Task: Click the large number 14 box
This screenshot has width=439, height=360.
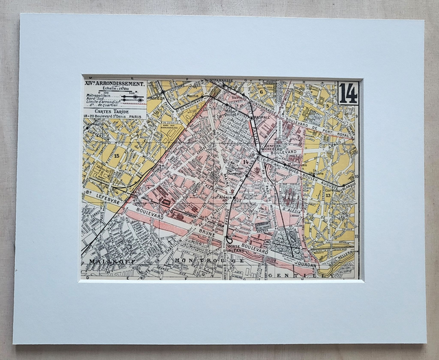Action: click(x=348, y=93)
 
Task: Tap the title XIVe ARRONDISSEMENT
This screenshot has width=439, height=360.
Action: click(x=115, y=84)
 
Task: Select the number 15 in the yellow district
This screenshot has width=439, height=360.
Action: click(x=116, y=156)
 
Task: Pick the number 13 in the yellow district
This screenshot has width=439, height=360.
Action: click(x=328, y=195)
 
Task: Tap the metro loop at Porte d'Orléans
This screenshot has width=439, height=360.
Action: click(x=228, y=239)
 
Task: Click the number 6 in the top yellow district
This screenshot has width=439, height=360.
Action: click(x=261, y=90)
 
